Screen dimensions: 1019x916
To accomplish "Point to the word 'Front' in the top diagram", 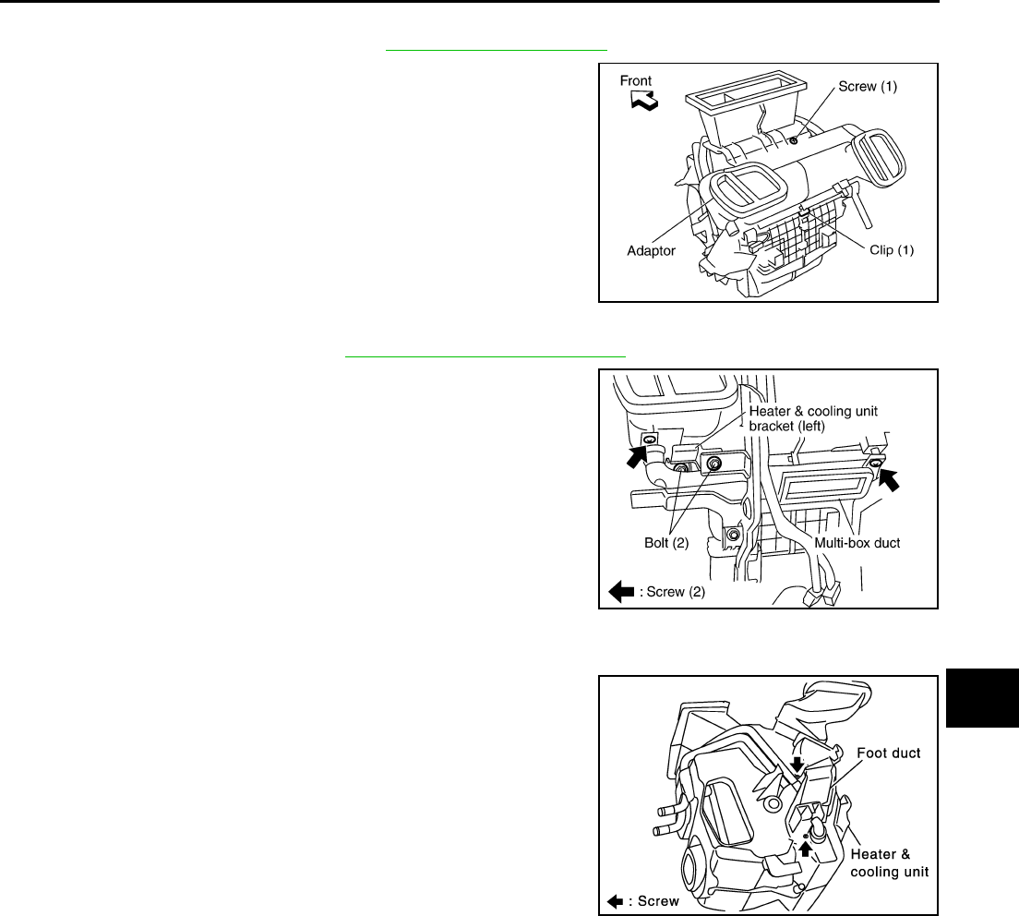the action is [636, 80].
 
